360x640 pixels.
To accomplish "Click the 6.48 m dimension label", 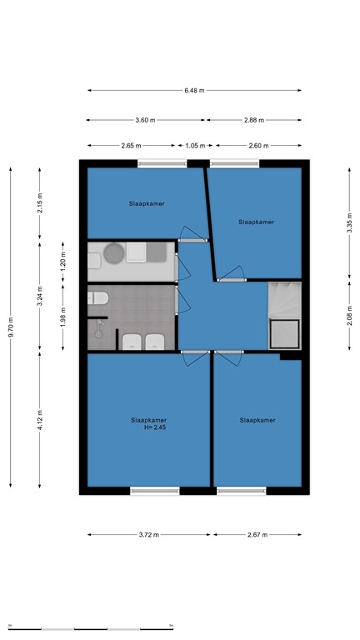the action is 194,91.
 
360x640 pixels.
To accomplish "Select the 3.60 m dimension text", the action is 145,120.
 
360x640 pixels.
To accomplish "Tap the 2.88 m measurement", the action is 254,120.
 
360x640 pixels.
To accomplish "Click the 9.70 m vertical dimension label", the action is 11,327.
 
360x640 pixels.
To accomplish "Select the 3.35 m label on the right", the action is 349,222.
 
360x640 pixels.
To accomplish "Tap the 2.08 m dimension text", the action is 349,316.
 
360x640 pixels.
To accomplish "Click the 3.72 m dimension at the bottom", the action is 148,535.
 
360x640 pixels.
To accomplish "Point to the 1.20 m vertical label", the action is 62,262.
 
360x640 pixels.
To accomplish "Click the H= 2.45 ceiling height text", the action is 155,427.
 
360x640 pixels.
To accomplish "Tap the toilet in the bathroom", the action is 98,298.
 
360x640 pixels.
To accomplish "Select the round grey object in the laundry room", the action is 114,253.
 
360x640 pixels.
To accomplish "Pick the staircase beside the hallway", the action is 285,316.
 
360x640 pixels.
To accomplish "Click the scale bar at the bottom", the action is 91,629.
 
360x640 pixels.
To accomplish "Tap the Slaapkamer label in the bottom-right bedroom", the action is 257,420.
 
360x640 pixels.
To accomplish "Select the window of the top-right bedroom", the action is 235,163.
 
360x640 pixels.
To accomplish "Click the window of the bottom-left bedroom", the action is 155,491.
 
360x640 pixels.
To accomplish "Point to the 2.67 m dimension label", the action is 257,535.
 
